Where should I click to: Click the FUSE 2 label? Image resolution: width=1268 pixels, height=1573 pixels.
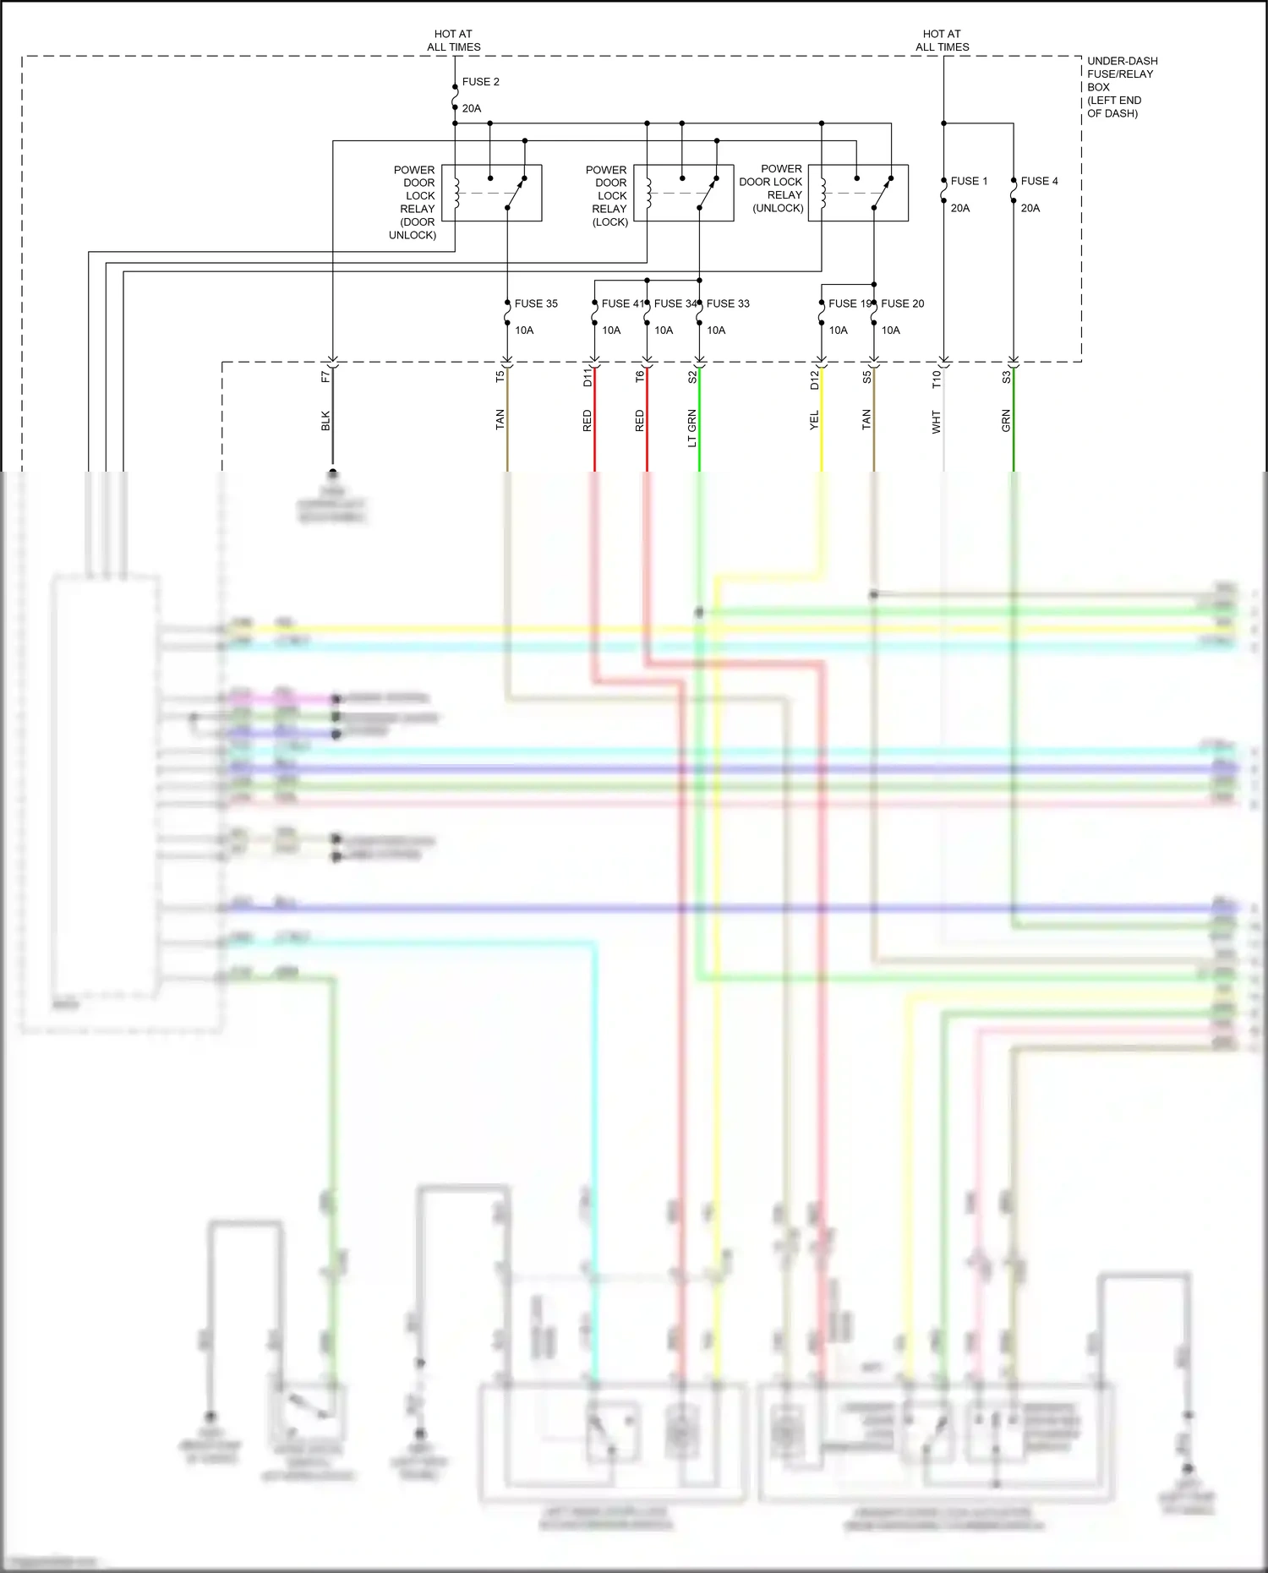pyautogui.click(x=480, y=82)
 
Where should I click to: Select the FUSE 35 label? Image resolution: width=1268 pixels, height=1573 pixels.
pyautogui.click(x=536, y=303)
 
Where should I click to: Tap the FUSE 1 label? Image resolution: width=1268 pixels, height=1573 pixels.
pyautogui.click(x=969, y=181)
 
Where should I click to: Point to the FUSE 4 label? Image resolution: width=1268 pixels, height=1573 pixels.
pyautogui.click(x=1039, y=181)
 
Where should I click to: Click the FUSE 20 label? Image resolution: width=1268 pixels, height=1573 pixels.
pyautogui.click(x=902, y=303)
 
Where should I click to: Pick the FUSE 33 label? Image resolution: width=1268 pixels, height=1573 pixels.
pyautogui.click(x=728, y=303)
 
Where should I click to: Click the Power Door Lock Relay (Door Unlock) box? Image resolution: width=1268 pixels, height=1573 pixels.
pyautogui.click(x=491, y=193)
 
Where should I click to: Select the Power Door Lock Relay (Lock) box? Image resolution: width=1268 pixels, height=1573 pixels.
pyautogui.click(x=683, y=193)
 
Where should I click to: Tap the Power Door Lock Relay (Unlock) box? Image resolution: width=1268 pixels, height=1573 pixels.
pyautogui.click(x=858, y=193)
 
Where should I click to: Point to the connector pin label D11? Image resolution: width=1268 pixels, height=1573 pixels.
pyautogui.click(x=588, y=378)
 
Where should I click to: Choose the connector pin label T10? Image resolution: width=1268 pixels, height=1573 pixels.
pyautogui.click(x=937, y=380)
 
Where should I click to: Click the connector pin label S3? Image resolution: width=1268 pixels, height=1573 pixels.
pyautogui.click(x=1006, y=378)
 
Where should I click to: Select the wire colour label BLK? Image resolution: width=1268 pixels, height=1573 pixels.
pyautogui.click(x=325, y=421)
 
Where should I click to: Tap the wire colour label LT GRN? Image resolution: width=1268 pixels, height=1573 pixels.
pyautogui.click(x=692, y=428)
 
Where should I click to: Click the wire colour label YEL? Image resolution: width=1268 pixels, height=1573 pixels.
pyautogui.click(x=814, y=420)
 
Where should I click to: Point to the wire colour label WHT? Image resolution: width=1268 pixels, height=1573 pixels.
pyautogui.click(x=937, y=422)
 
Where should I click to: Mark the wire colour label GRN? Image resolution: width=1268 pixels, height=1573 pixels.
pyautogui.click(x=1006, y=421)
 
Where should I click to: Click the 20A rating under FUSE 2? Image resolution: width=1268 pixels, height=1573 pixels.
pyautogui.click(x=472, y=108)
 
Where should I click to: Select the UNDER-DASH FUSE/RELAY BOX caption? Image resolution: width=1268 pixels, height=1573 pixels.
pyautogui.click(x=1122, y=87)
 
